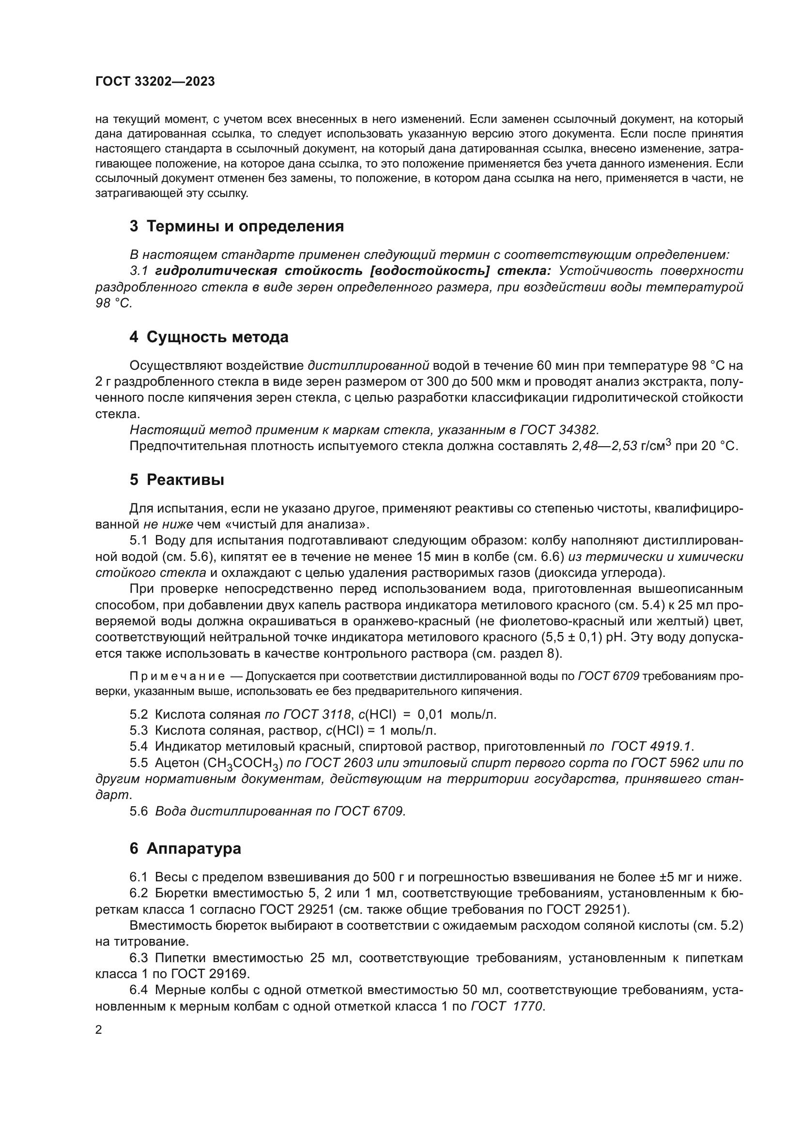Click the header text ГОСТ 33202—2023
[x=155, y=82]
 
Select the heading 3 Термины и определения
[x=236, y=226]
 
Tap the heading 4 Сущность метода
[x=209, y=337]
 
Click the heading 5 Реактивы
[x=177, y=480]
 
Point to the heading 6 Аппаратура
[x=185, y=848]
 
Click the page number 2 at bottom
[x=99, y=1030]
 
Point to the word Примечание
[x=177, y=676]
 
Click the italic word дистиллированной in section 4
[x=369, y=366]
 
